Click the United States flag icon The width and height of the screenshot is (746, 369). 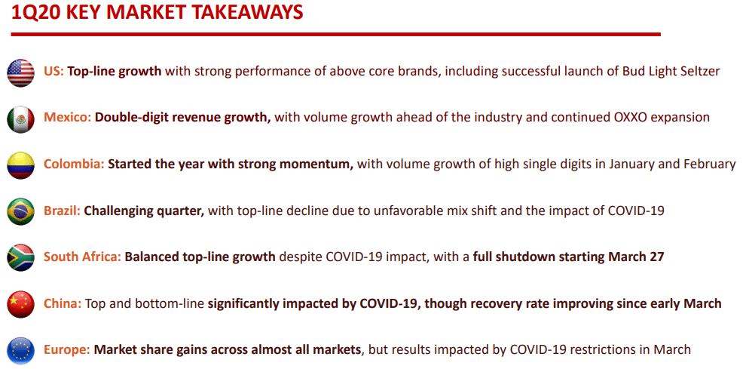pyautogui.click(x=20, y=73)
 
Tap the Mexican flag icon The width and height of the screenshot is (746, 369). pyautogui.click(x=20, y=119)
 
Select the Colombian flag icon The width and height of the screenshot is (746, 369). pyautogui.click(x=20, y=165)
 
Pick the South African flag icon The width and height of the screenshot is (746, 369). pyautogui.click(x=20, y=257)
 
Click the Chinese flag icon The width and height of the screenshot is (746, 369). pyautogui.click(x=20, y=303)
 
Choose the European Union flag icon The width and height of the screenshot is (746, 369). pyautogui.click(x=20, y=350)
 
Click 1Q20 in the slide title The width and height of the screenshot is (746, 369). pyautogui.click(x=35, y=13)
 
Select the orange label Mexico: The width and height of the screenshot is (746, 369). pyautogui.click(x=68, y=117)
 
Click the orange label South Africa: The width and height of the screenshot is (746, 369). pyautogui.click(x=83, y=257)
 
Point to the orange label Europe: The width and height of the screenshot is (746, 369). pyautogui.click(x=67, y=349)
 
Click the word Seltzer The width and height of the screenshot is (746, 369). pyautogui.click(x=699, y=72)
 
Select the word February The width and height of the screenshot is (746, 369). pyautogui.click(x=710, y=165)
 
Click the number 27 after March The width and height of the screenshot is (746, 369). pyautogui.click(x=657, y=257)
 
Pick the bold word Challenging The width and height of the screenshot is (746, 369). pyautogui.click(x=117, y=211)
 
